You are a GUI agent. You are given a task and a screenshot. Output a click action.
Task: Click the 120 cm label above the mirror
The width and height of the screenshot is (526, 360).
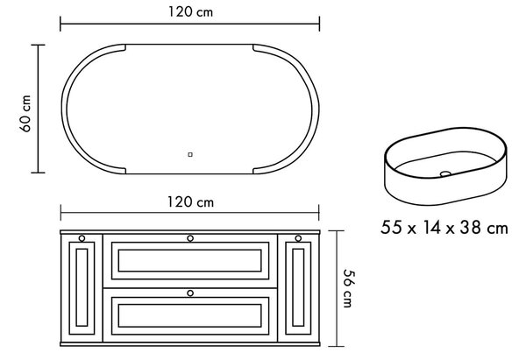click(190, 12)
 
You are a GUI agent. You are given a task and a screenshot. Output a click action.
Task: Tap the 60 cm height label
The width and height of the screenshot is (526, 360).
click(25, 114)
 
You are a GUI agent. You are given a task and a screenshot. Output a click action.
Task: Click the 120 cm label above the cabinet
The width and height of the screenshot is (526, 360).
click(190, 202)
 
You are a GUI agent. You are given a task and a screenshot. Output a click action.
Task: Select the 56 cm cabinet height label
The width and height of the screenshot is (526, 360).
click(349, 288)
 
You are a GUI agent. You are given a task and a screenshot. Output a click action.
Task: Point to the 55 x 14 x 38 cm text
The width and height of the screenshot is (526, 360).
click(444, 227)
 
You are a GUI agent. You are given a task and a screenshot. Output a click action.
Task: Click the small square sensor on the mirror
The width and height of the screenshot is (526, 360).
click(190, 154)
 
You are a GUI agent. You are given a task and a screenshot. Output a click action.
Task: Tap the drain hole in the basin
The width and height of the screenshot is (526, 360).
click(446, 173)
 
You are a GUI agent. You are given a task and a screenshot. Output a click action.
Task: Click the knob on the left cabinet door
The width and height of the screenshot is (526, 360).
click(82, 238)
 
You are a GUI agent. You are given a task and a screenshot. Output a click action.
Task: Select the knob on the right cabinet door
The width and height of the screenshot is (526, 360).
click(298, 238)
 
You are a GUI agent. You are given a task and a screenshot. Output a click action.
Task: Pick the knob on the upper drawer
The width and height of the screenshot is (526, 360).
click(190, 238)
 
